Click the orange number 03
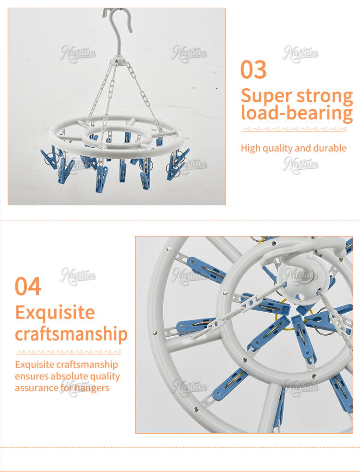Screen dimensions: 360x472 pos(253,69)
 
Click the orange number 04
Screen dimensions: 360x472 pos(28,286)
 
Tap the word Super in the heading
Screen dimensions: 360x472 pos(266,96)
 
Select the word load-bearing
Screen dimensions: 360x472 pos(297,113)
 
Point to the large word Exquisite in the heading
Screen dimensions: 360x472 pos(55,312)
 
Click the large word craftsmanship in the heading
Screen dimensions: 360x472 pos(71,334)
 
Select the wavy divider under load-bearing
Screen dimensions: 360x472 pos(294,130)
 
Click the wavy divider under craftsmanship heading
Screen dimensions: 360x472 pos(69,352)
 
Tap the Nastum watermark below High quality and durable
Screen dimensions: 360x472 pos(300,165)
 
